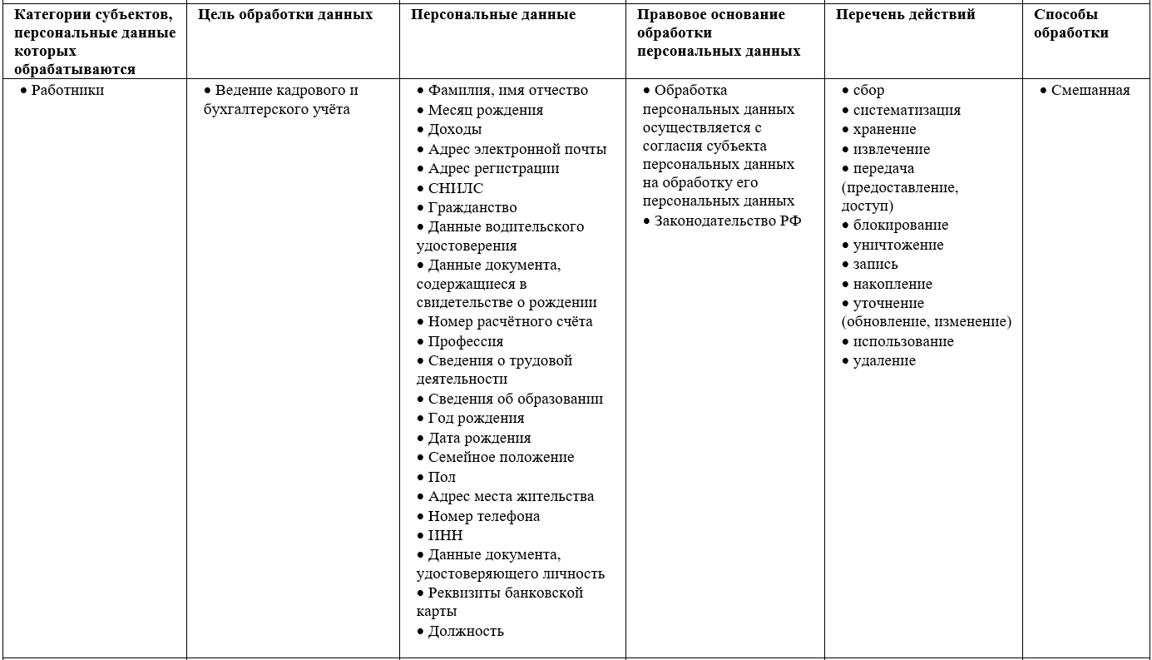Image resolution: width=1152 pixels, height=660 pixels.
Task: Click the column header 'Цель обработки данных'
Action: (285, 15)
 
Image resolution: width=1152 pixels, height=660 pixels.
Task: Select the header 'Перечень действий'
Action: (905, 15)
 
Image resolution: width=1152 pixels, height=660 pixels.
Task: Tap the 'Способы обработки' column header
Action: (1070, 24)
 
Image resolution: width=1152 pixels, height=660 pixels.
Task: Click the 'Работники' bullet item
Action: (67, 91)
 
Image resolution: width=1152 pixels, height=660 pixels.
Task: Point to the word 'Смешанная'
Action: (1090, 91)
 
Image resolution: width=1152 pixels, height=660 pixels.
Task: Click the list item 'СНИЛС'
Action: (455, 188)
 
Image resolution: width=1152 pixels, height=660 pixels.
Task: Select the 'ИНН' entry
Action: (445, 535)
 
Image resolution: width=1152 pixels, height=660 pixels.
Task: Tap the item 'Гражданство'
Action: (472, 207)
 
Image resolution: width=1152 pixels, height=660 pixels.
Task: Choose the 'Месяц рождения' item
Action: (485, 110)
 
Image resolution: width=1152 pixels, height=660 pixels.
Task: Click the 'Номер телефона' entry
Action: (483, 516)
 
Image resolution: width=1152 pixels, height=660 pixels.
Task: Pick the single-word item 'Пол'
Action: (442, 477)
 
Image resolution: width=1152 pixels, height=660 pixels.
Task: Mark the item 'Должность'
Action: (466, 631)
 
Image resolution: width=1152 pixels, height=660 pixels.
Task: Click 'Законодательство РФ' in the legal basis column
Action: (727, 221)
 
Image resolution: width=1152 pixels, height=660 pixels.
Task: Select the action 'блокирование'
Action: (900, 225)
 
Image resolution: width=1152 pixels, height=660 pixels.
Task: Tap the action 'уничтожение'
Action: (897, 245)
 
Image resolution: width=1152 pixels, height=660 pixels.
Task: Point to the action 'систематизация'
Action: (906, 110)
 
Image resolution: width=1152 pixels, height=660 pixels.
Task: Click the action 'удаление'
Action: (883, 360)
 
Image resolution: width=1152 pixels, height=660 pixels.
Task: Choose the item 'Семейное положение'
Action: (501, 457)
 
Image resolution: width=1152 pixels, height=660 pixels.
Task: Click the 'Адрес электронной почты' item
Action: (517, 149)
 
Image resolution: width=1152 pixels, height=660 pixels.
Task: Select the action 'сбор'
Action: (868, 91)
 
